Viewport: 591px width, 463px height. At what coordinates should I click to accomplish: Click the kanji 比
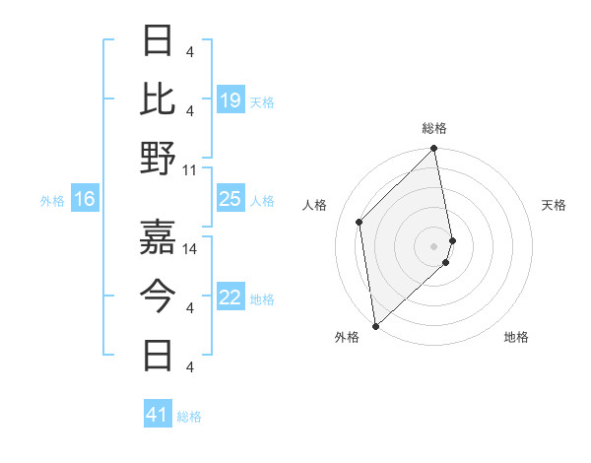(159, 99)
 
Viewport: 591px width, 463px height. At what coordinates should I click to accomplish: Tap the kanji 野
(159, 158)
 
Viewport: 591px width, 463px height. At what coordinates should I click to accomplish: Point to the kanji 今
(159, 293)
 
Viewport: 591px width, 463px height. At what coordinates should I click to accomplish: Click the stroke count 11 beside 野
(190, 169)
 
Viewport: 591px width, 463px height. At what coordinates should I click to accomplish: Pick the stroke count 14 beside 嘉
(191, 248)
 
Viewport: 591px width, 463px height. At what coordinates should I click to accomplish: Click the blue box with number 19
(230, 100)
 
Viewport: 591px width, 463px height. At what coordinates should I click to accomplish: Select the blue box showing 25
(230, 199)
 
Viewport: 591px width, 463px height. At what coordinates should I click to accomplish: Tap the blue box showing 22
(230, 298)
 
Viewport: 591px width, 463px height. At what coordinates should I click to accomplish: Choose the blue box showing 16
(84, 200)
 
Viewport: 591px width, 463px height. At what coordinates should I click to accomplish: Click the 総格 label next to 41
(189, 417)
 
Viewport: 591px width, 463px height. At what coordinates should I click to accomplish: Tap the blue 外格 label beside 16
(52, 201)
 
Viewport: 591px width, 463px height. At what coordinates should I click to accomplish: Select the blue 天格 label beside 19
(262, 102)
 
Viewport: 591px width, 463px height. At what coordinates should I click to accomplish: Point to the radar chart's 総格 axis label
(433, 128)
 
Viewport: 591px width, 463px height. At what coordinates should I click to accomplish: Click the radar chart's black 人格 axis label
(315, 205)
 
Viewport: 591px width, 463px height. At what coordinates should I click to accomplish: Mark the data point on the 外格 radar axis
(375, 325)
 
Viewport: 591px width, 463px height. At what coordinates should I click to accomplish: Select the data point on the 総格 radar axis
(433, 150)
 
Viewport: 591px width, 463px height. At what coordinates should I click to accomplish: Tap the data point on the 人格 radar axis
(360, 222)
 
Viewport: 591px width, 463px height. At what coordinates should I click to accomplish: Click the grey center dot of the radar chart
(433, 245)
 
